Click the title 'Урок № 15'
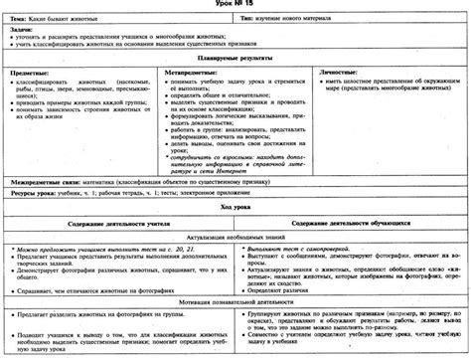point(235,6)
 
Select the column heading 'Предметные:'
point(31,73)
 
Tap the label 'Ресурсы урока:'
point(33,196)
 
